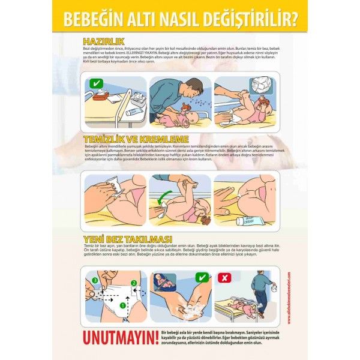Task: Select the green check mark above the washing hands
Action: point(202,277)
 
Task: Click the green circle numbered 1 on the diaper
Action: point(123,305)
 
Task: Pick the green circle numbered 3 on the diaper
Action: point(94,280)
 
